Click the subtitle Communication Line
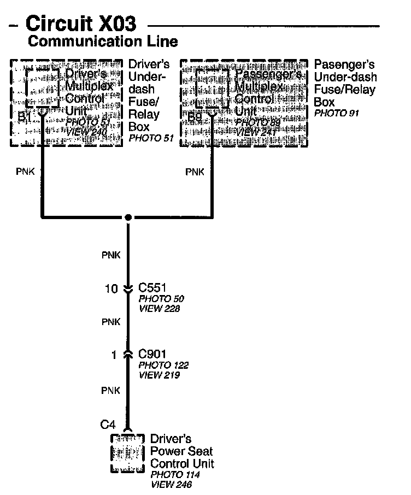point(102,42)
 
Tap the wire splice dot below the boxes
point(128,217)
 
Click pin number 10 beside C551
point(111,288)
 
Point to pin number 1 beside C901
point(114,355)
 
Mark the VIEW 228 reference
point(159,309)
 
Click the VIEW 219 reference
point(159,375)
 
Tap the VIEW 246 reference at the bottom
point(171,484)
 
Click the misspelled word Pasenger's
point(342,64)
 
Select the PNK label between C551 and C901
point(111,322)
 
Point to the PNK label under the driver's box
point(25,172)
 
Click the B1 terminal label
point(25,116)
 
